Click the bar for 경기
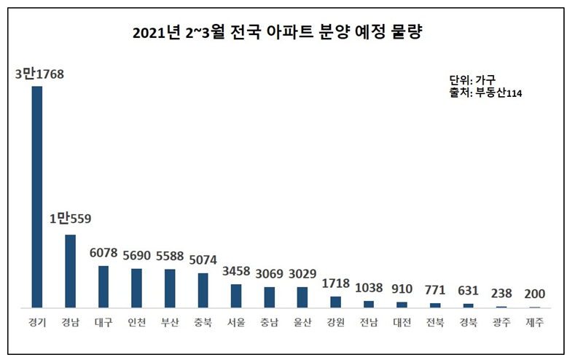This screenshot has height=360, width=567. point(36,197)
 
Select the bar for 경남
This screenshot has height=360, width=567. point(70,270)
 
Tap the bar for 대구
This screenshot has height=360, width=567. point(103,286)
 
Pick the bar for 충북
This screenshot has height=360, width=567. point(203,290)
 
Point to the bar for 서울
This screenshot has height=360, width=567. point(236,296)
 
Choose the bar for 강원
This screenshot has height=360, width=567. point(335,302)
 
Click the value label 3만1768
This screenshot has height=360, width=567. point(38,73)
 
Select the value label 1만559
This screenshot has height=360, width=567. point(70,219)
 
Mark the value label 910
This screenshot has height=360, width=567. point(402,289)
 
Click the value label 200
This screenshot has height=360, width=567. point(535,293)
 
